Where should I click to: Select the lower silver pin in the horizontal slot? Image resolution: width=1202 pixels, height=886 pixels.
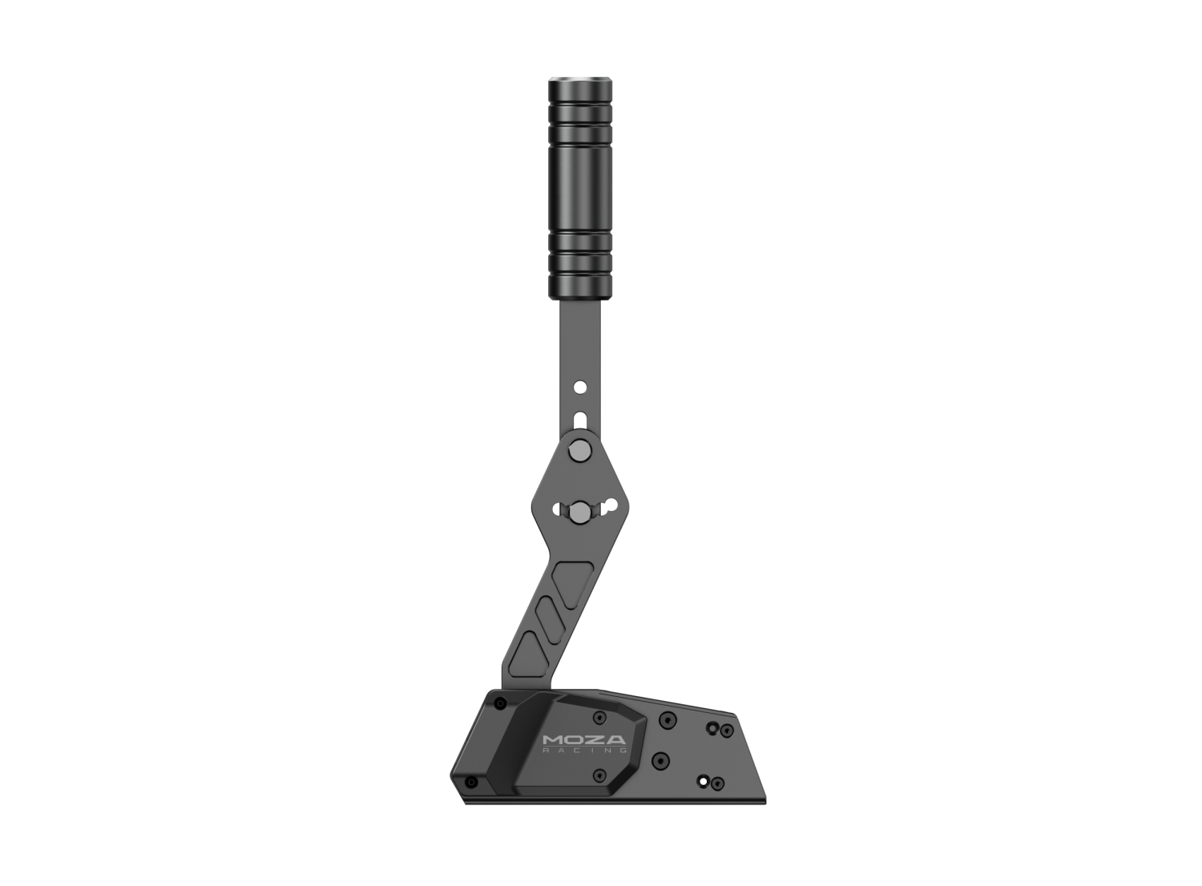(579, 510)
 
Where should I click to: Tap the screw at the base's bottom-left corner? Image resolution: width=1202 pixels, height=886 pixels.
(471, 781)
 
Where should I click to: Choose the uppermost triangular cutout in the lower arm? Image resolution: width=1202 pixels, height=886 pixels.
(574, 574)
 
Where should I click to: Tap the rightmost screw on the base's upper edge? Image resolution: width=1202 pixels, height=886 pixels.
(726, 730)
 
